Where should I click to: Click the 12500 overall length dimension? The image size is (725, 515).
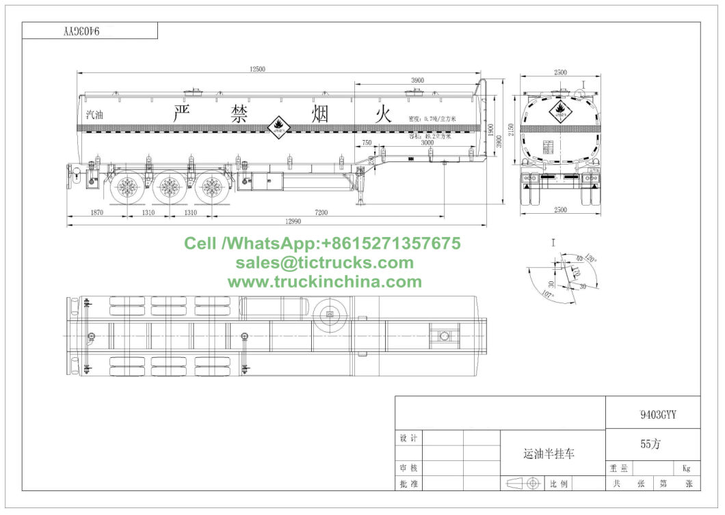point(256,68)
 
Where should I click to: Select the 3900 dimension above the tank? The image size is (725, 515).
point(417,80)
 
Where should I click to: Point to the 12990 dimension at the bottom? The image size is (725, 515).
point(293,221)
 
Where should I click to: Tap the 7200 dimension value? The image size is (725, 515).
point(321,212)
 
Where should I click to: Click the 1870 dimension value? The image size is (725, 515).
point(96,212)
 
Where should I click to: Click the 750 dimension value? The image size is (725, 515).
point(367,143)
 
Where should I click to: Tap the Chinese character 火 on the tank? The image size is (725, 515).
point(382,113)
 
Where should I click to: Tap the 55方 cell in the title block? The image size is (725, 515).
point(650,445)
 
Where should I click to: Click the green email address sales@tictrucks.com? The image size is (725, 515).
point(325,262)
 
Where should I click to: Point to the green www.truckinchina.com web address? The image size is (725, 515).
point(325,281)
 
